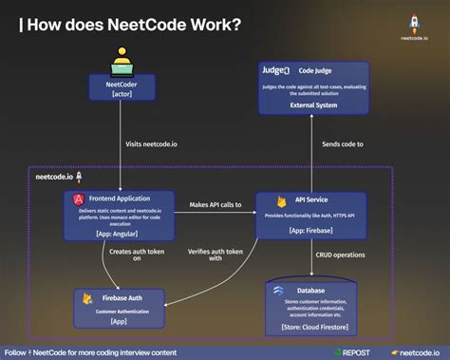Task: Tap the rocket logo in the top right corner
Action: (x=414, y=20)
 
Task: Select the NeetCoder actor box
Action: (x=121, y=88)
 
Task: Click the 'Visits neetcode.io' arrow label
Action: (x=152, y=144)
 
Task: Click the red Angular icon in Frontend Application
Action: (x=79, y=199)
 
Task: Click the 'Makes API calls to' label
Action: (x=215, y=205)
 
